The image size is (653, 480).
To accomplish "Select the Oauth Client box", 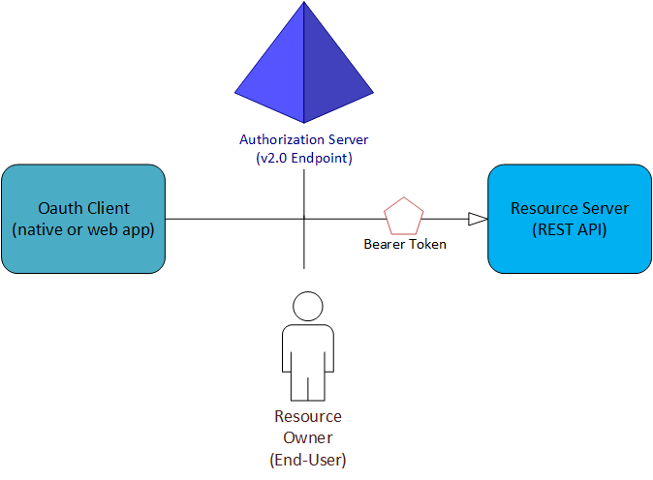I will (83, 219).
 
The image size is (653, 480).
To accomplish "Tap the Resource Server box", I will (569, 219).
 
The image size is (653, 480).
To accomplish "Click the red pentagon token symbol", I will (404, 216).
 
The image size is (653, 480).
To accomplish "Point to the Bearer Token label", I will (405, 245).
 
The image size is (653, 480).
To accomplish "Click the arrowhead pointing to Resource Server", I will (477, 219).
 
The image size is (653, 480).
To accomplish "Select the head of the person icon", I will (307, 306).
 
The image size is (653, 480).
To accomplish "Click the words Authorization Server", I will (304, 139).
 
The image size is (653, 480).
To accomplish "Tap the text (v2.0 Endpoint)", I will (304, 158).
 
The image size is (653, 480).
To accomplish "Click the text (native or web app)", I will (83, 230).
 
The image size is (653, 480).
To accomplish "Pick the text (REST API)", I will (570, 230).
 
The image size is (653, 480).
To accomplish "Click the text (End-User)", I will (308, 460).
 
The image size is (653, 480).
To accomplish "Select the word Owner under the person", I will (308, 438).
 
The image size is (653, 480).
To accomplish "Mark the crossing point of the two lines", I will (304, 219).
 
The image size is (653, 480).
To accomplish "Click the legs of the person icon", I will (307, 386).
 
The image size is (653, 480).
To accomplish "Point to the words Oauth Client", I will (83, 208).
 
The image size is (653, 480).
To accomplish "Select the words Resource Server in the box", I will (570, 208).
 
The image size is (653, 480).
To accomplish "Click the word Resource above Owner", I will (308, 417).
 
